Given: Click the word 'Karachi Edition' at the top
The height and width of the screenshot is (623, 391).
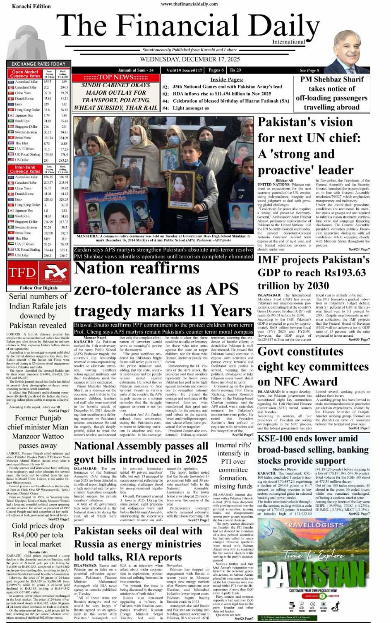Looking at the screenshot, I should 31,6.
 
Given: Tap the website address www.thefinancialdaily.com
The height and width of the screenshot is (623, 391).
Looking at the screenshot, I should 190,4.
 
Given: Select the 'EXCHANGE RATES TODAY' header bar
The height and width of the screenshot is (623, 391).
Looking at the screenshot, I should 38,64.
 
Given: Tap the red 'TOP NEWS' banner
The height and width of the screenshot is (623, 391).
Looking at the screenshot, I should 115,77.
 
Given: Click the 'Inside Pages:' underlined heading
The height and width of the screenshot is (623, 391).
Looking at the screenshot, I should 226,79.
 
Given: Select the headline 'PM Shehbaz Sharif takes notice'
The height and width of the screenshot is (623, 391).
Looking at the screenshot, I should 332,93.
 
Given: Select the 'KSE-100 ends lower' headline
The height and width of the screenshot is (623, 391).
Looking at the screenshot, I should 307,438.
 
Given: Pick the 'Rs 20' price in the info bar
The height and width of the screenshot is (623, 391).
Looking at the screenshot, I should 235,70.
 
